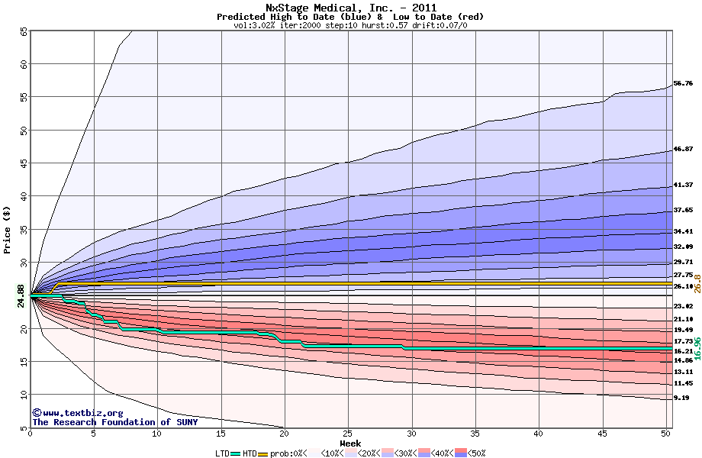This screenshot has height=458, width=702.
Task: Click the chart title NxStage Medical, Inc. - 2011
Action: [350, 8]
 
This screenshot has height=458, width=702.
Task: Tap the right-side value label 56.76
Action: [683, 83]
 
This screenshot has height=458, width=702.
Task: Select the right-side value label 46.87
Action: [683, 150]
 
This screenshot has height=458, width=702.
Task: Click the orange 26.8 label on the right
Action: [697, 283]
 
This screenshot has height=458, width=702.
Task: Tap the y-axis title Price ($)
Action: [8, 229]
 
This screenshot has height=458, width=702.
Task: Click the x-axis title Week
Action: [350, 443]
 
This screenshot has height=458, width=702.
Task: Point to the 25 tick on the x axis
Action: [348, 434]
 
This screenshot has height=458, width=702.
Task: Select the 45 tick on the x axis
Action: [602, 434]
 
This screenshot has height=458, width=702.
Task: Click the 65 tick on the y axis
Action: [24, 32]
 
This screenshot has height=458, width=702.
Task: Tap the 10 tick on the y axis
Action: [24, 395]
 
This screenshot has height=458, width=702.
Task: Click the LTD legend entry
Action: [223, 453]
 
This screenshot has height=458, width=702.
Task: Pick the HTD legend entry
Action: [250, 453]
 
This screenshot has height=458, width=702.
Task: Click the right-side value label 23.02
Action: [683, 306]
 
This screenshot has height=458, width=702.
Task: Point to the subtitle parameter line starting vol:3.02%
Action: [350, 25]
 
